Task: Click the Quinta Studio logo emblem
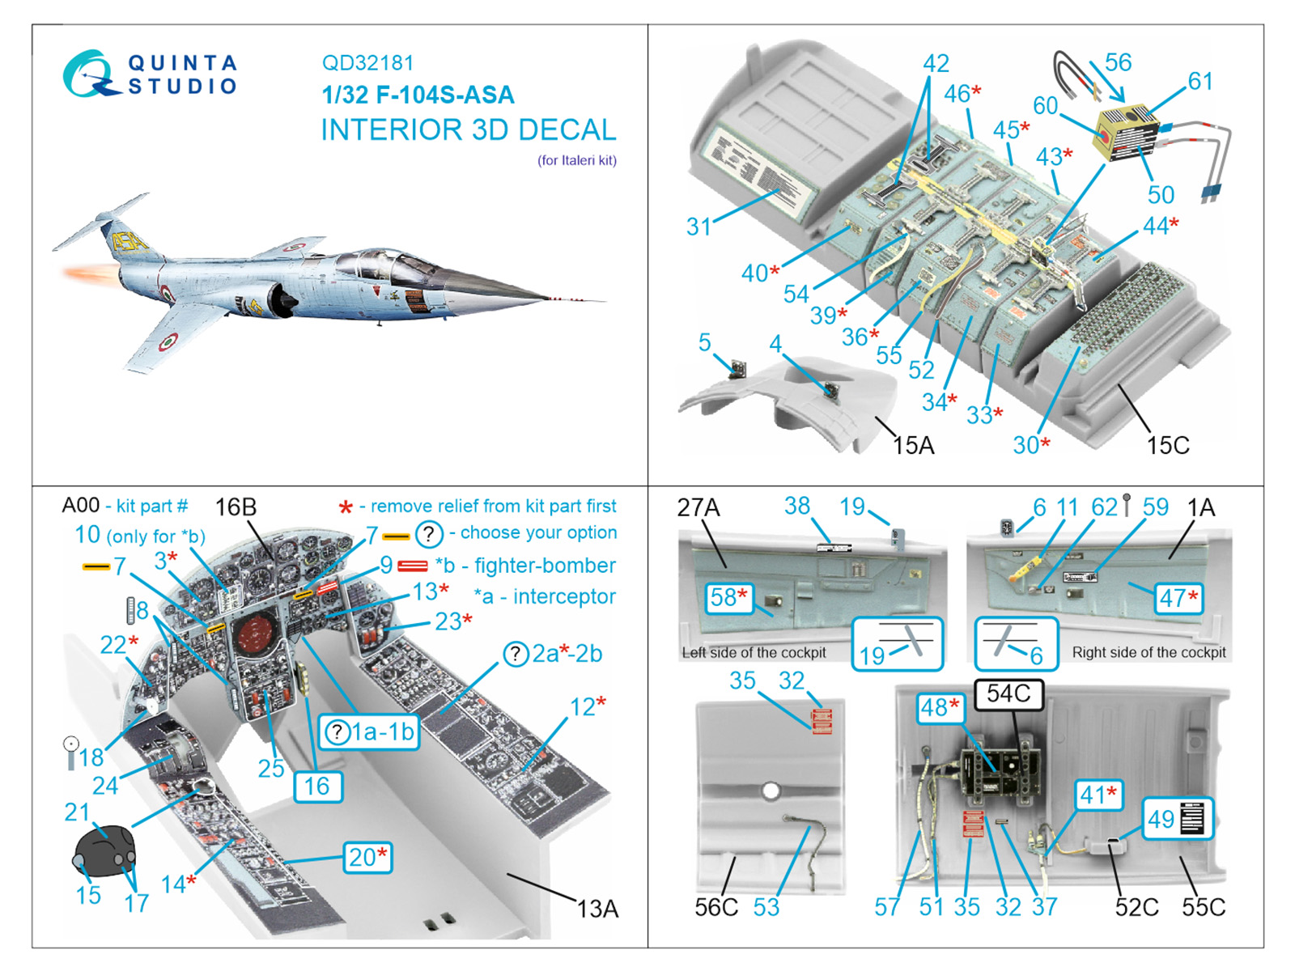coord(87,74)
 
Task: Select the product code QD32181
coord(367,63)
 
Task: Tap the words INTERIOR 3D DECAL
coord(468,129)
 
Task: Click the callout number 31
coord(698,227)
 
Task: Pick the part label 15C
coord(1167,445)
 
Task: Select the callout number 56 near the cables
coord(1118,62)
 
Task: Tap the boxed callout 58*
coord(728,598)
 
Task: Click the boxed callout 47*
coord(1178,599)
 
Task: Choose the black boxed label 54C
coord(1008,693)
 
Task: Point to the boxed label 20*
coord(367,857)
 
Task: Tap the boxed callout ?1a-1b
coord(369,731)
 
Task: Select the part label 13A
coord(597,910)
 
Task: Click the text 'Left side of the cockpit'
coord(754,652)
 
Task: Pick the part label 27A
coord(698,507)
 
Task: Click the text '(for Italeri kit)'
coord(576,160)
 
